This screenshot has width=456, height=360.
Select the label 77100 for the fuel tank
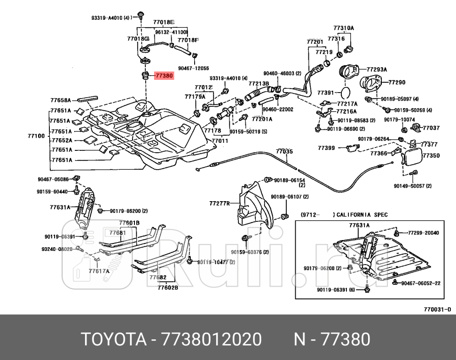pos(36,136)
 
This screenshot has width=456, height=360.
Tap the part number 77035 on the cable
pos(284,152)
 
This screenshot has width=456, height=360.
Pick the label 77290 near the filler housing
pos(396,82)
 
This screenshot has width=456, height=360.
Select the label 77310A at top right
pos(344,28)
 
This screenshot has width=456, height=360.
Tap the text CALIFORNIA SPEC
pos(360,215)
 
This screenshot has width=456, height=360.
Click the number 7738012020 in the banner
pos(211,339)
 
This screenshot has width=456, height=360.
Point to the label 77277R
pos(220,204)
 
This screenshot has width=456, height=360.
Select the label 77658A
pos(60,100)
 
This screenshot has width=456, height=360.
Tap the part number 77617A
pos(99,271)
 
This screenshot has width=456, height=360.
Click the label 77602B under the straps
pos(168,288)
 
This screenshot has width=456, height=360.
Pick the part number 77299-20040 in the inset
pos(423,233)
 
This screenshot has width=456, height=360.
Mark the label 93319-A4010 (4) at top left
pos(110,18)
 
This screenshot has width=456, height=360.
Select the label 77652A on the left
pos(61,141)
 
